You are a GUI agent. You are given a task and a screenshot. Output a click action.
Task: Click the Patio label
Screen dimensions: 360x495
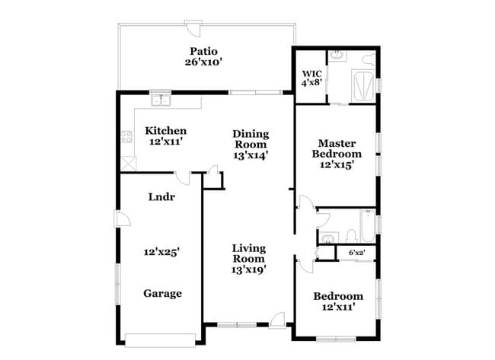click(205, 51)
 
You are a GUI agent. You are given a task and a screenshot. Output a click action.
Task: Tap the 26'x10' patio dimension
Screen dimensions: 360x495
click(205, 62)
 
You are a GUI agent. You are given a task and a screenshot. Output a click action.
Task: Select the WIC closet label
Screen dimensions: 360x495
click(311, 73)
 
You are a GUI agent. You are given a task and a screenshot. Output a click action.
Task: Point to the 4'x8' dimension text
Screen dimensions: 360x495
click(311, 83)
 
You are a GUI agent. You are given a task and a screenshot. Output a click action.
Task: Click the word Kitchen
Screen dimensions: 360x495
click(166, 131)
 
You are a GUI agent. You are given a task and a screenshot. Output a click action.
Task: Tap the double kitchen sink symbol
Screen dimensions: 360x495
click(161, 99)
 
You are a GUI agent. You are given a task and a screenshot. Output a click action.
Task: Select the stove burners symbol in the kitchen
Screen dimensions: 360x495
click(126, 138)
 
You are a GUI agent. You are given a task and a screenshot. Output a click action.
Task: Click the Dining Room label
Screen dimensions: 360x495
click(251, 139)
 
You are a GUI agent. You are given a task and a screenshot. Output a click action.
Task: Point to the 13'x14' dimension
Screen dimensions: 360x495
click(251, 155)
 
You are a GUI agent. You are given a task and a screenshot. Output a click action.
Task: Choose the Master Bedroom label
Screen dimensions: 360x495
click(337, 148)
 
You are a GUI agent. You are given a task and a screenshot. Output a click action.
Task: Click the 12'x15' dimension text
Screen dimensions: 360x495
click(337, 164)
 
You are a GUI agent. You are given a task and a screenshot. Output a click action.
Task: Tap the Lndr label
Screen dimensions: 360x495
click(161, 196)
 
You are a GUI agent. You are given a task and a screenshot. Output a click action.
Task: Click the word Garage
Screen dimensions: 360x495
click(162, 293)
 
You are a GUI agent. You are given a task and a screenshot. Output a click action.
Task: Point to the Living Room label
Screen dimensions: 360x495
click(249, 253)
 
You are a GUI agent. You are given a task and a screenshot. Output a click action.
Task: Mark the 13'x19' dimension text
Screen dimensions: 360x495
click(249, 269)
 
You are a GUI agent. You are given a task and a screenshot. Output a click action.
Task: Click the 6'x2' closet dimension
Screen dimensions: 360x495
click(356, 252)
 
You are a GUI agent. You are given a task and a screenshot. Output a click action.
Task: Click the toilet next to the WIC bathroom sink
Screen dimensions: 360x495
click(366, 58)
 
